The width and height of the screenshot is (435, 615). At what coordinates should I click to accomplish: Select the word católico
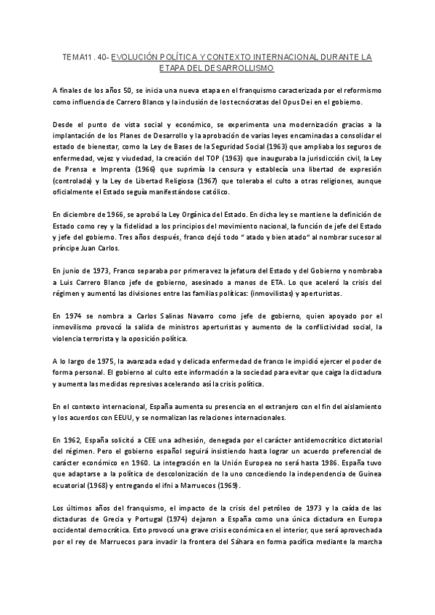[x=212, y=191]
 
